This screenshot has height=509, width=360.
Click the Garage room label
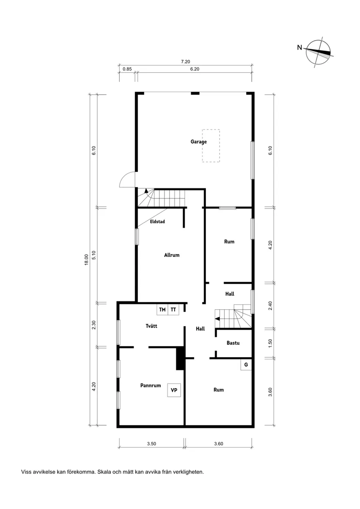199,142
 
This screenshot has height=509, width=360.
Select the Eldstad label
157,222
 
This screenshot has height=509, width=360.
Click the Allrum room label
171,255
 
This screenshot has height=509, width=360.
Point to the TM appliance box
162,310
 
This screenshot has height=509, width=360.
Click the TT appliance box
174,310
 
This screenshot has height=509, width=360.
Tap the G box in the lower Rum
246,365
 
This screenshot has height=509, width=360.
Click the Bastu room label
233,343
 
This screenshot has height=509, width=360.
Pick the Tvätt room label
151,325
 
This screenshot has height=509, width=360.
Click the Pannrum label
151,386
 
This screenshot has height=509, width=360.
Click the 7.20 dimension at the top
185,62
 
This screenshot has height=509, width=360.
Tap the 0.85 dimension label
127,69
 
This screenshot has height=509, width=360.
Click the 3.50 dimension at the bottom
151,444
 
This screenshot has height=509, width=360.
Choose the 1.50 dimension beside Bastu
271,343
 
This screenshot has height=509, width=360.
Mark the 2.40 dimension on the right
271,306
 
